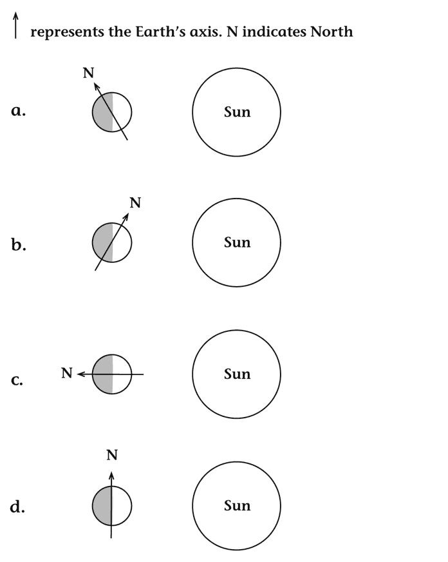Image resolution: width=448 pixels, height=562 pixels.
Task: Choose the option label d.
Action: point(18,507)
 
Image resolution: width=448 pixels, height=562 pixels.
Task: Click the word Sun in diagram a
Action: point(237,111)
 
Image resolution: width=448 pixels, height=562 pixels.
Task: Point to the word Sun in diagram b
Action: point(237,242)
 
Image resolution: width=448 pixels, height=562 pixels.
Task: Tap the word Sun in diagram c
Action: point(237,374)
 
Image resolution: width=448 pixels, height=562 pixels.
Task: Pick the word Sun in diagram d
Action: point(237,506)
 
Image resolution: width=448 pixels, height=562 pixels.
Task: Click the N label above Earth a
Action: point(88,73)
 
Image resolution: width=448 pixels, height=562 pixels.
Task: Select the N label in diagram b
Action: point(135,203)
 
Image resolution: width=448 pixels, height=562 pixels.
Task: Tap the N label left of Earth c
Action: point(66,373)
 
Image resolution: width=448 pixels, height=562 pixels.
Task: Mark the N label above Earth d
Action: point(112,456)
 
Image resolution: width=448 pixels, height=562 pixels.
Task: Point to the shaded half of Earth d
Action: point(102,506)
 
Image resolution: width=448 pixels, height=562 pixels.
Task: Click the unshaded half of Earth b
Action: point(123,243)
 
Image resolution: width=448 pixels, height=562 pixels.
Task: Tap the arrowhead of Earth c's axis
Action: point(80,374)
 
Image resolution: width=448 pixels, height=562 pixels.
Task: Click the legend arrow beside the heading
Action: point(15,26)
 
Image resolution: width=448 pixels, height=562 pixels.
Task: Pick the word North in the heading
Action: point(331,32)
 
